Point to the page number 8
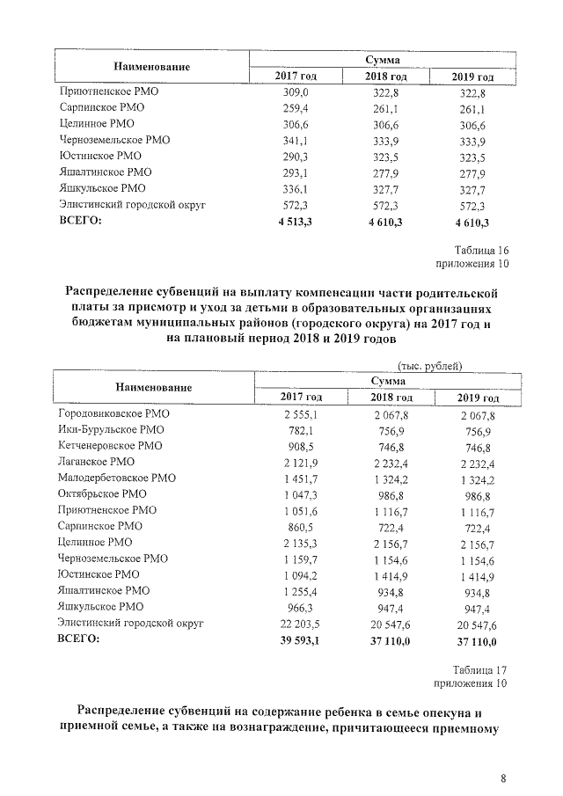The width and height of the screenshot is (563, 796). [x=503, y=778]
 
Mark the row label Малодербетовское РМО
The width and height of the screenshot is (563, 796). [x=116, y=478]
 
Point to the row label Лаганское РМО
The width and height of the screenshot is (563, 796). [x=97, y=462]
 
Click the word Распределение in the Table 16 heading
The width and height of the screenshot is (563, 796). [x=119, y=291]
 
